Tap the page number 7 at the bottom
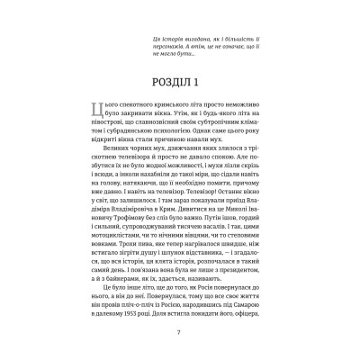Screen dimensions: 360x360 (180, 335)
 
